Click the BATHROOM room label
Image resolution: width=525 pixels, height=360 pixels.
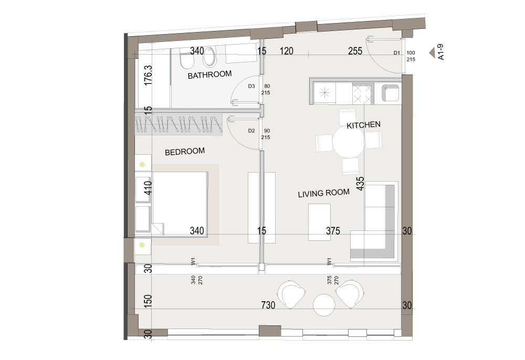point(209,75)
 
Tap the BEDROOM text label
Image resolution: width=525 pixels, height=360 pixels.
point(185,152)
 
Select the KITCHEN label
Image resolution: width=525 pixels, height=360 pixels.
point(363,125)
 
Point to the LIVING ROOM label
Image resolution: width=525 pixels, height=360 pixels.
point(323,193)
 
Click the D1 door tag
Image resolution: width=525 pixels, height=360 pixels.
point(397,53)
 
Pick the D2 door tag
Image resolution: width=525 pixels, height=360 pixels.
point(251,131)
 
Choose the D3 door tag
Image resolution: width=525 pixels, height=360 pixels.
point(251,86)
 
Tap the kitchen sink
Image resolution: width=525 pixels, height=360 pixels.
point(391,93)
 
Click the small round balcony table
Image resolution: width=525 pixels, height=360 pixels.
point(324,305)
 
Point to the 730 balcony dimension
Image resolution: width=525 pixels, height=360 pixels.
point(268,305)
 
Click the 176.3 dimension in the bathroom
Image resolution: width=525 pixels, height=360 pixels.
point(148,75)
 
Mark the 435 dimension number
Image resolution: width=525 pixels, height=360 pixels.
point(360,184)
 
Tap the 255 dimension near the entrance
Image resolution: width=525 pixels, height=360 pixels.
point(355,51)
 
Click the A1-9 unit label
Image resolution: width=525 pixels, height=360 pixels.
point(441,52)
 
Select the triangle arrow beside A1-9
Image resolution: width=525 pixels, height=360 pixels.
point(432,52)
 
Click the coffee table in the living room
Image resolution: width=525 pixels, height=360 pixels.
point(319,222)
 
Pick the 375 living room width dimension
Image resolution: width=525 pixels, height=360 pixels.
point(333,231)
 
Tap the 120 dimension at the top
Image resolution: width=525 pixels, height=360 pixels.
point(287,51)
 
